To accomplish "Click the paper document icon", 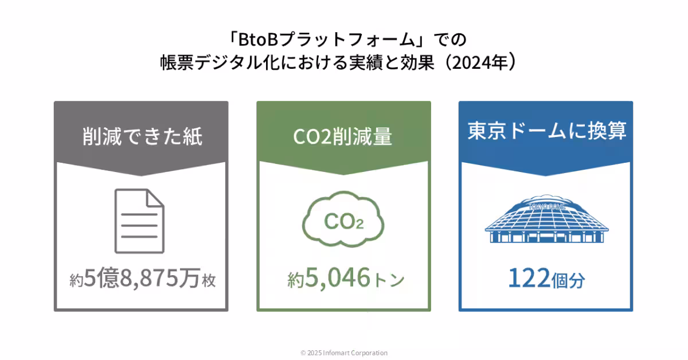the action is [x=139, y=221].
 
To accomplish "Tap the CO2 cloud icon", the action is [x=343, y=219].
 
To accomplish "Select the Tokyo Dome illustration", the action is [x=546, y=218].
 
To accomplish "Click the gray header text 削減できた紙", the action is [x=142, y=136].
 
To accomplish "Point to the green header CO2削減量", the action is [x=342, y=136].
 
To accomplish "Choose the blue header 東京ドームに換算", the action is [x=547, y=131].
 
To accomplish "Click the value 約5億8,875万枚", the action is [x=143, y=277].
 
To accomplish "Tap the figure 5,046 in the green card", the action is [x=338, y=277].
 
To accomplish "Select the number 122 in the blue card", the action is [x=529, y=277].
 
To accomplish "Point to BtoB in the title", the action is [x=258, y=40].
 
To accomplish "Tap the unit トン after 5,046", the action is [x=388, y=280].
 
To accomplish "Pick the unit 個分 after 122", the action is [x=568, y=280].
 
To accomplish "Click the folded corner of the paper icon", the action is [x=155, y=198].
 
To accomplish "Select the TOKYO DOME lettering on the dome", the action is [x=547, y=207].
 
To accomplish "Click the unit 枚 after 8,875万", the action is [x=209, y=280].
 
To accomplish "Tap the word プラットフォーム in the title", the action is [x=347, y=40].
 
